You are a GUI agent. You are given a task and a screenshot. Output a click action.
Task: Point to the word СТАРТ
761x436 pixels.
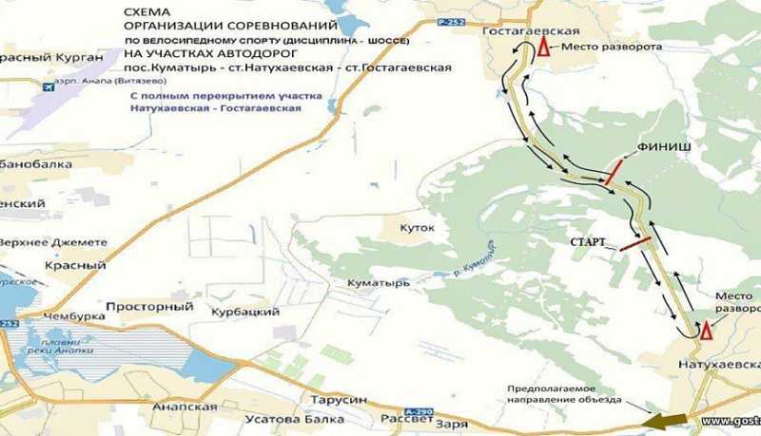[589, 242]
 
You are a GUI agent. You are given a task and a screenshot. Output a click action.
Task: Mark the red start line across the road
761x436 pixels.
[635, 243]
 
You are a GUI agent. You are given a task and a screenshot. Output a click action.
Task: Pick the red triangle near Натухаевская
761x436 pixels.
[705, 332]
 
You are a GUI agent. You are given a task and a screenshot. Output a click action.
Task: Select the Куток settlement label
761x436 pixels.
[417, 228]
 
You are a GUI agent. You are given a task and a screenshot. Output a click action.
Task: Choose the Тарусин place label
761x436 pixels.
[333, 401]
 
